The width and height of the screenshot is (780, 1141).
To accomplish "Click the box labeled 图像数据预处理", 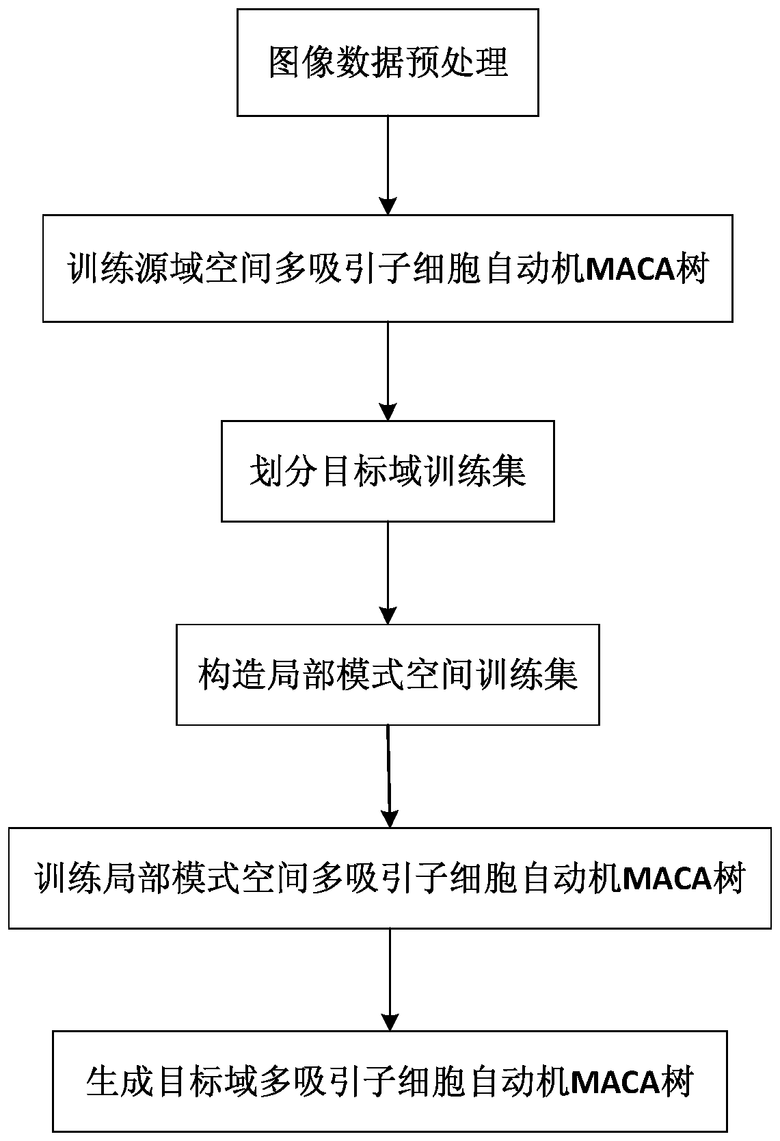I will pos(388,62).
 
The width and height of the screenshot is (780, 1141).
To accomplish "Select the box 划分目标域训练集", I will pos(388,471).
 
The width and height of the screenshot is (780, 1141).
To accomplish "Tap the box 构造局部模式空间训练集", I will pos(388,674).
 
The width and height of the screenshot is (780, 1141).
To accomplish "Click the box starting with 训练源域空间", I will pos(388,268).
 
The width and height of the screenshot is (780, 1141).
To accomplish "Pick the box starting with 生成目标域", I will pos(390,1081).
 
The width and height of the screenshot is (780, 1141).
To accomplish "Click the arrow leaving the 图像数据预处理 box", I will pos(388,165).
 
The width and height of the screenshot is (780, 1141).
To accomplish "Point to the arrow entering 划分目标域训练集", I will pos(388,370).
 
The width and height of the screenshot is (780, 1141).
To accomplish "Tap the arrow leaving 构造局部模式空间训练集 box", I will pos(389,776).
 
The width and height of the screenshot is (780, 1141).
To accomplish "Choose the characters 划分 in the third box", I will pos(267,471).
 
